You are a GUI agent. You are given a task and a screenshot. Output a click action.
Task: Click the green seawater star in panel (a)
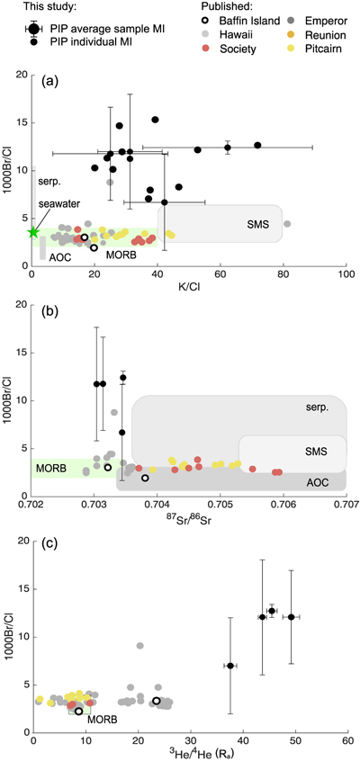[32, 232]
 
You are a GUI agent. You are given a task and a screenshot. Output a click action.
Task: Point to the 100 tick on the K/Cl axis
[346, 275]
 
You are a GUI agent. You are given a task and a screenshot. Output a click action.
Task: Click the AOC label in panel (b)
[319, 482]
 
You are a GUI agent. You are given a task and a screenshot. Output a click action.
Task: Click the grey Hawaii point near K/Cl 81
[287, 224]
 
